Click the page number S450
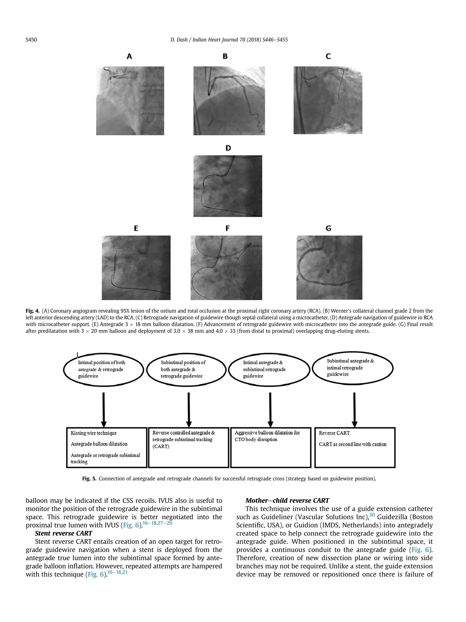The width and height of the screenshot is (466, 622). tap(31, 40)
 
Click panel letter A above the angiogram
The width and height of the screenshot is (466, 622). tap(129, 56)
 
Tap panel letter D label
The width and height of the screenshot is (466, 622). tap(228, 148)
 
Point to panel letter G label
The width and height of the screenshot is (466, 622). tap(328, 228)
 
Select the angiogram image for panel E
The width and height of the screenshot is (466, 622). tap(136, 267)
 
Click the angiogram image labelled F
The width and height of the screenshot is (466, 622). tap(226, 267)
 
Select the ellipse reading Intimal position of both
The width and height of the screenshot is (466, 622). tap(103, 369)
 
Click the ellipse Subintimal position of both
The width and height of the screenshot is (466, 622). tap(186, 369)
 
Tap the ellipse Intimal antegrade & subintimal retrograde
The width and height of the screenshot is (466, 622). tap(269, 369)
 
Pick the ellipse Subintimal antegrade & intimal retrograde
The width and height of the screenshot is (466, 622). tap(352, 368)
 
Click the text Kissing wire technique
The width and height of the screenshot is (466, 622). tap(94, 433)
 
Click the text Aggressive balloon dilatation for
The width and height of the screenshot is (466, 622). tap(267, 433)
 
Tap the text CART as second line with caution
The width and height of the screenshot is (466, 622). tap(352, 444)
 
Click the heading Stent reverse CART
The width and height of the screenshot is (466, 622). tap(63, 533)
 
